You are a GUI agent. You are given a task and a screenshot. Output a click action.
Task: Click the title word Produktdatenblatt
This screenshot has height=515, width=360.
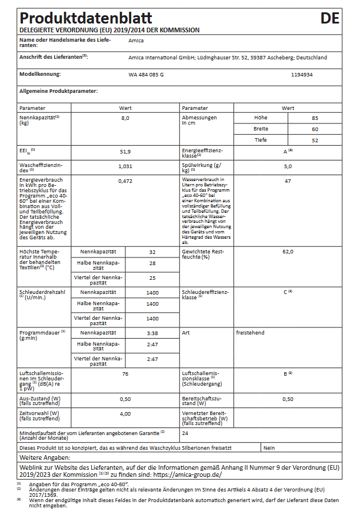click(86, 18)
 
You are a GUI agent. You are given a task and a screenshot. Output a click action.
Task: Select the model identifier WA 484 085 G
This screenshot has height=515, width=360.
click(146, 75)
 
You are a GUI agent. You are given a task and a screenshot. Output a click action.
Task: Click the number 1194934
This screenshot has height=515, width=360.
click(302, 75)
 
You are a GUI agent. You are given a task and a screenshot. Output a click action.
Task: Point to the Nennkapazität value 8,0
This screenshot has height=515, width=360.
click(125, 118)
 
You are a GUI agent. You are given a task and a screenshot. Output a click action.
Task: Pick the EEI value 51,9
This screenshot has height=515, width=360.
click(125, 151)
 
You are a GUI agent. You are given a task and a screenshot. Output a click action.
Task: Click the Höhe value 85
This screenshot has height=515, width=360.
click(315, 118)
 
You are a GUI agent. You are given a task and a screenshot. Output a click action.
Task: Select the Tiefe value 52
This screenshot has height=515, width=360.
click(315, 140)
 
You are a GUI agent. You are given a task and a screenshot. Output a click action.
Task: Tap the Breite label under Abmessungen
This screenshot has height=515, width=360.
click(261, 129)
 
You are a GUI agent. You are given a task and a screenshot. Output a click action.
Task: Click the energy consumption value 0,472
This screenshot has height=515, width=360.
click(125, 181)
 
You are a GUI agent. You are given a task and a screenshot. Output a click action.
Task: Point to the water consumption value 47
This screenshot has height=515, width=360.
click(288, 181)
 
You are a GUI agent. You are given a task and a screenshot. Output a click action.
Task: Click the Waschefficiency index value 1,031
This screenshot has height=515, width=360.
click(125, 166)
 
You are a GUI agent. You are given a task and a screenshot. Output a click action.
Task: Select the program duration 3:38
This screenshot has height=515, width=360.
click(152, 333)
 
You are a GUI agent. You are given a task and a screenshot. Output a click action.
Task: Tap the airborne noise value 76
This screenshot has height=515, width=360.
click(125, 374)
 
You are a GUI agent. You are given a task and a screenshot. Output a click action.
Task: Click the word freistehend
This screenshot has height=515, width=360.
click(250, 333)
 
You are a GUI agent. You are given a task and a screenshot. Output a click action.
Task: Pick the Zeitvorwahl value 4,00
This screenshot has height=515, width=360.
click(125, 414)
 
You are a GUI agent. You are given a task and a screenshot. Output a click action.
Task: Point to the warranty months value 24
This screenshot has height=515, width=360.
click(185, 433)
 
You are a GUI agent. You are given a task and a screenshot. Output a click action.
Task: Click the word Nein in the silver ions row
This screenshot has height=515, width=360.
click(269, 448)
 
